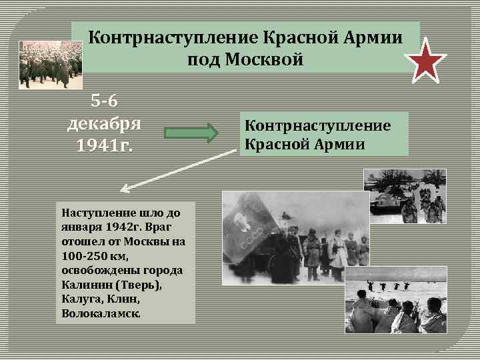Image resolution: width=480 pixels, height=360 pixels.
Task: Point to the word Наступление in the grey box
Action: (94, 214)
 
